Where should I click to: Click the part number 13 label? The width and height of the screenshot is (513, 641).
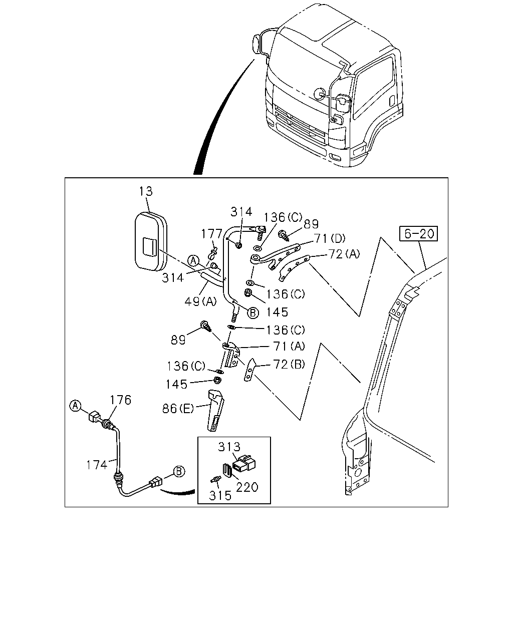[x=146, y=191]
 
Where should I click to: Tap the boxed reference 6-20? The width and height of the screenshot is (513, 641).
[x=418, y=233]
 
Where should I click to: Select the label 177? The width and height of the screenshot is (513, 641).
[x=211, y=234]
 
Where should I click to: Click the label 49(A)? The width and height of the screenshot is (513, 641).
[x=200, y=302]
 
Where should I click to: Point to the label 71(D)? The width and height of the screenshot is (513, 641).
[x=330, y=238]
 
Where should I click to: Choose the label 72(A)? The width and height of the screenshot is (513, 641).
[x=344, y=254]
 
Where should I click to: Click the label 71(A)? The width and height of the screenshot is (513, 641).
[x=289, y=346]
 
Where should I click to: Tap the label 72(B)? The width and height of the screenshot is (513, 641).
[x=289, y=364]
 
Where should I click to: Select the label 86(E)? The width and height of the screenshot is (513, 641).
[x=178, y=409]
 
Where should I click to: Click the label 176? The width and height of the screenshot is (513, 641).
[x=121, y=400]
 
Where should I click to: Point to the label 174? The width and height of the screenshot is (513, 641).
[x=97, y=465]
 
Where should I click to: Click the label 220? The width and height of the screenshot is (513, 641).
[x=247, y=487]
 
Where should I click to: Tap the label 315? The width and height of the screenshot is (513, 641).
[x=220, y=496]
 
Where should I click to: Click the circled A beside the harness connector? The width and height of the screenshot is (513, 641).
[x=76, y=406]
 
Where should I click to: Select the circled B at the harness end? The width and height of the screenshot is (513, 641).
[x=179, y=472]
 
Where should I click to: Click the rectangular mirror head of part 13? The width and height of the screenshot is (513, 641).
[x=151, y=241]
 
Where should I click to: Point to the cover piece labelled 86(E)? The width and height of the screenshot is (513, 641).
[x=215, y=411]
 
